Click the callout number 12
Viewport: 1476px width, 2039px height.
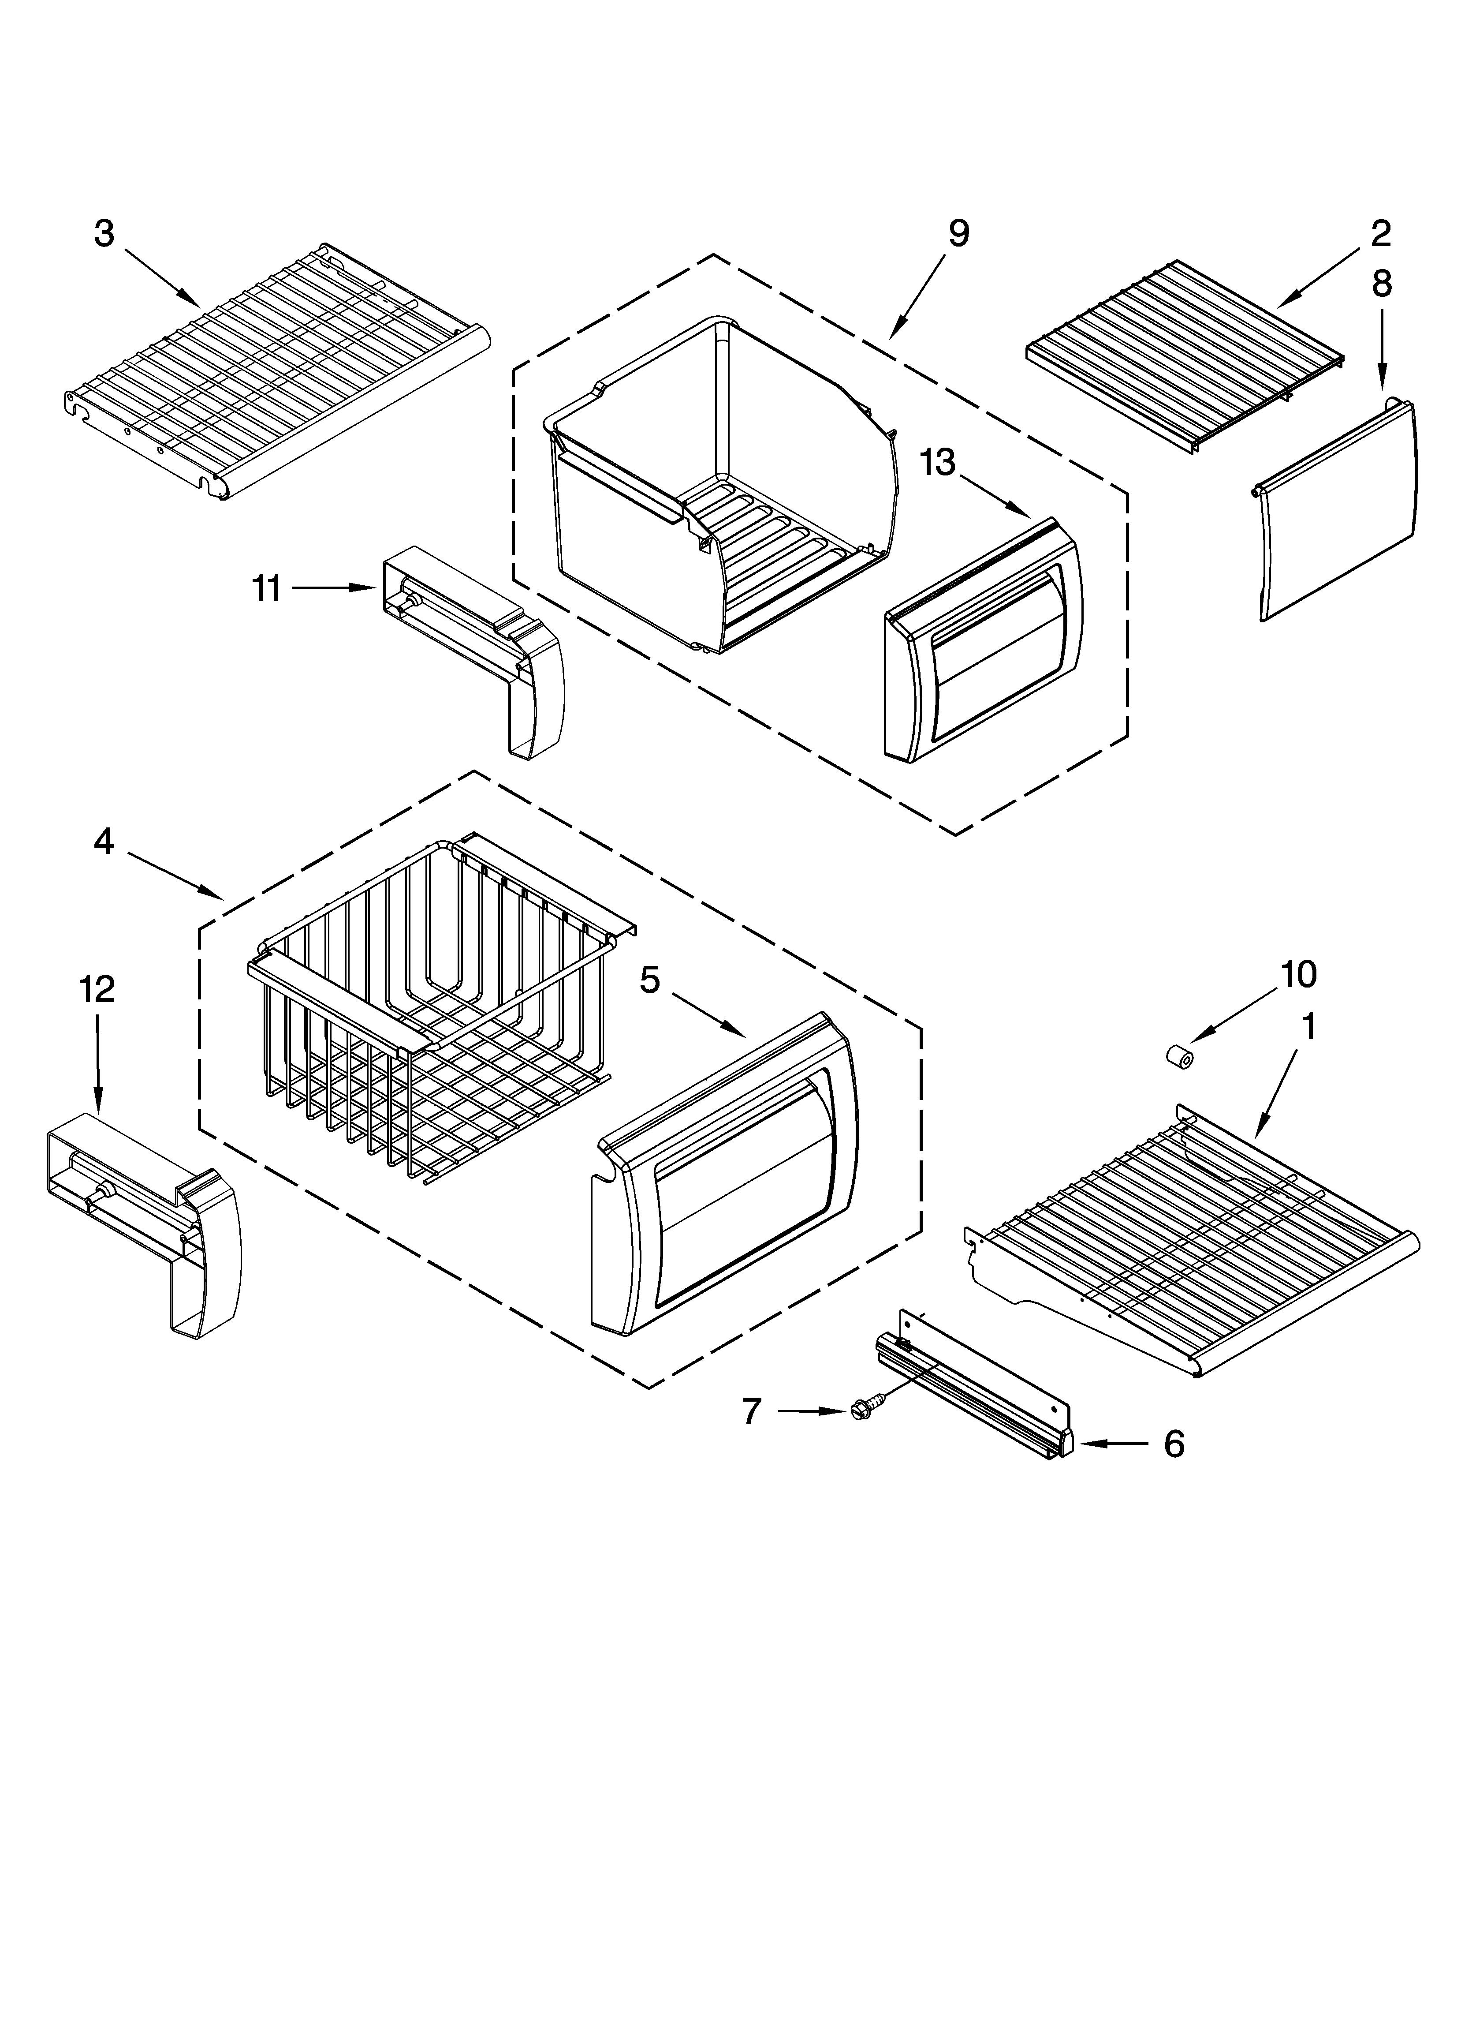[x=97, y=990]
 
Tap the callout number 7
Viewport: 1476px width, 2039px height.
[x=752, y=1411]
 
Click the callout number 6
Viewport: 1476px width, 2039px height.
[x=1174, y=1444]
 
